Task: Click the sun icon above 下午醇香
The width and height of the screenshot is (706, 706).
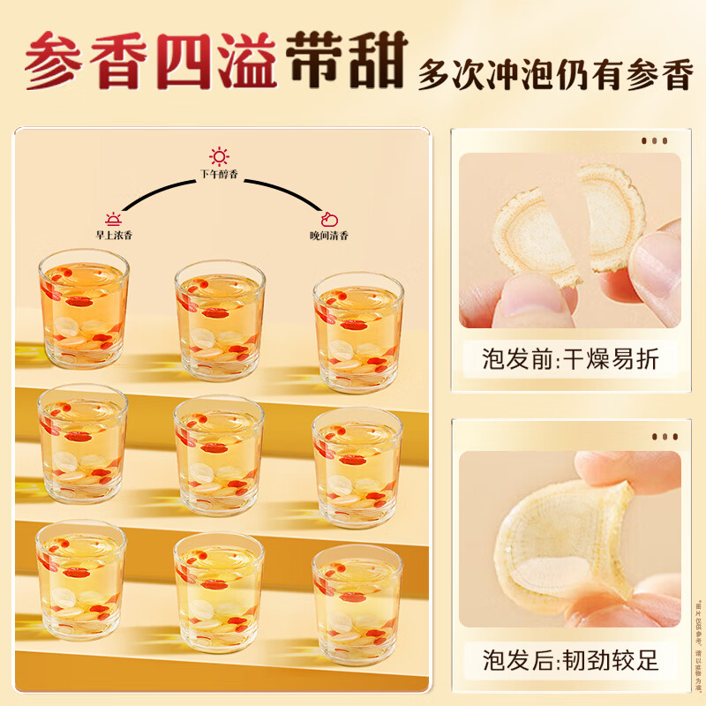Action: tap(219, 157)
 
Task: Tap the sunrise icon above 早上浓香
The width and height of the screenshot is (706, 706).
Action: tap(114, 218)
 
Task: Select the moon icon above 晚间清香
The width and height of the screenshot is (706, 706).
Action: tap(328, 219)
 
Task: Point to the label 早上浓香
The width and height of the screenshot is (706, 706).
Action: tap(114, 236)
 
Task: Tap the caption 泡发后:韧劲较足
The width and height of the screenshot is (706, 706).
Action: tap(570, 659)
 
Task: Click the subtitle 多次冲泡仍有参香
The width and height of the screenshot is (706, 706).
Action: tap(554, 76)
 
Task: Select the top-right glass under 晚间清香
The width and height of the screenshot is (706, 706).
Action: tap(358, 331)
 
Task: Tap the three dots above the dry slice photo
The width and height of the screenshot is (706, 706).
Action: tap(654, 141)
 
